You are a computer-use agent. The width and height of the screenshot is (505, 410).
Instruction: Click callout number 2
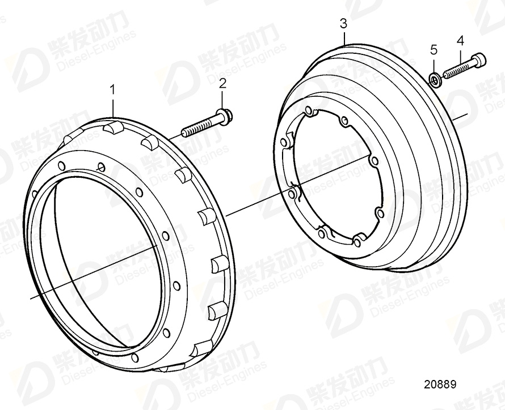click(x=222, y=83)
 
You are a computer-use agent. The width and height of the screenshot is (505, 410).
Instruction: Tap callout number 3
click(x=343, y=23)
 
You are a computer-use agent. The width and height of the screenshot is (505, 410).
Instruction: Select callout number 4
click(x=460, y=40)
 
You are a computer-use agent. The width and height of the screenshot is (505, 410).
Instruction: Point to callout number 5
click(x=434, y=50)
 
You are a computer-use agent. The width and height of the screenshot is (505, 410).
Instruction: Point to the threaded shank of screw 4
click(x=456, y=69)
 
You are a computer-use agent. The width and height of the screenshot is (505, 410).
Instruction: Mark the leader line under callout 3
click(x=343, y=37)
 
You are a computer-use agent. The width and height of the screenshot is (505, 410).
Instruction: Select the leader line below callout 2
click(x=222, y=100)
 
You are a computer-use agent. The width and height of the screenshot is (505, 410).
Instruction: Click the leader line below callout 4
click(x=460, y=55)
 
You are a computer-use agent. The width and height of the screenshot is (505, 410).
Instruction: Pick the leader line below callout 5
click(x=434, y=64)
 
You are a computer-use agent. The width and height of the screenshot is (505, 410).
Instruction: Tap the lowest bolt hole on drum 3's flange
click(x=356, y=243)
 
